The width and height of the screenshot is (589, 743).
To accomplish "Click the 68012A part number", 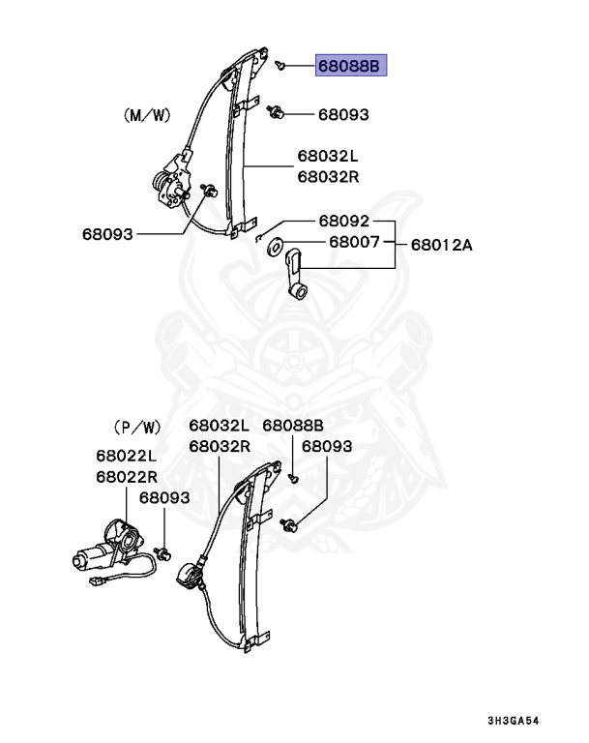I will point(441,245).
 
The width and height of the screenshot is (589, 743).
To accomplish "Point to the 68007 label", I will point(354,242).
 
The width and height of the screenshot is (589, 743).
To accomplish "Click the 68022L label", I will point(127,456).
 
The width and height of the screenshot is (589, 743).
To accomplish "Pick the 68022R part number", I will point(127,477).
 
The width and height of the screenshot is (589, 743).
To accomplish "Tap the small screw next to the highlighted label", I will point(279,64).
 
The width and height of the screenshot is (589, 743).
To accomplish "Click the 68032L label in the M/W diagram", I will point(328,157).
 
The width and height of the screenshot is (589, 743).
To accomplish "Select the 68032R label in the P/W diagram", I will point(220,446).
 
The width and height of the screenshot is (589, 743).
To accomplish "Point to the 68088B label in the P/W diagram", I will point(293,426).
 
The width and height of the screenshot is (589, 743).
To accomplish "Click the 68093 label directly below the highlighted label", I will point(343,114).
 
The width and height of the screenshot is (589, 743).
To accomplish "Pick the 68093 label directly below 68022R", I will point(164,498).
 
